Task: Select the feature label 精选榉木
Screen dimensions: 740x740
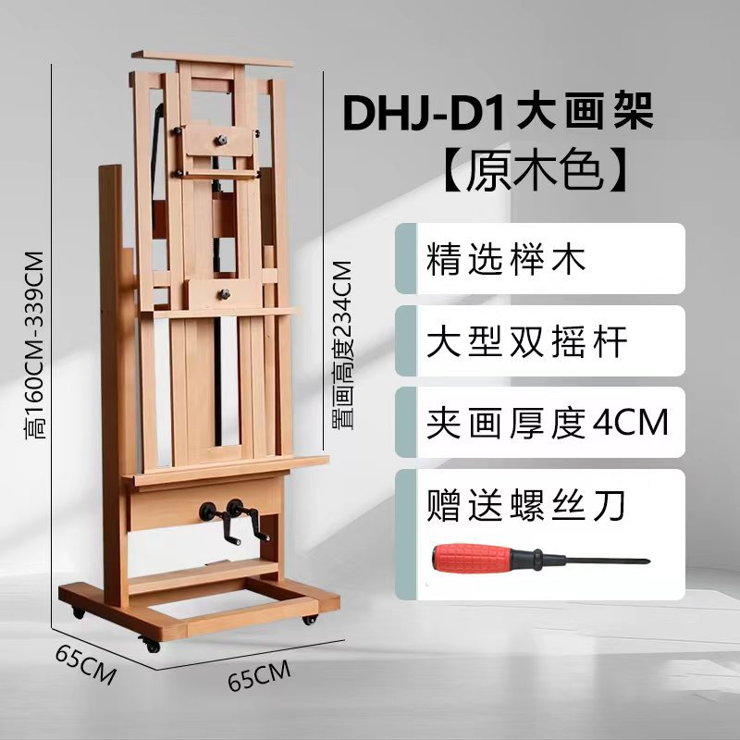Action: [x=507, y=260]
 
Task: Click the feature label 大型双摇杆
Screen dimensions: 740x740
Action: [x=527, y=342]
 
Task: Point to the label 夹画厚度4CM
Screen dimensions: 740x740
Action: [x=547, y=423]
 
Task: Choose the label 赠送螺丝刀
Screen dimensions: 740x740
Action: [x=527, y=505]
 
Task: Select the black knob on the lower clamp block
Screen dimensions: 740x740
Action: [x=224, y=293]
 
